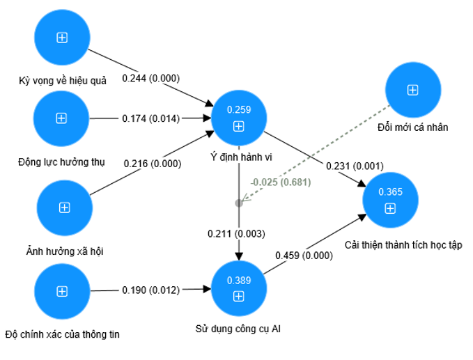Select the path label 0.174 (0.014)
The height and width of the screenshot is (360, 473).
(150, 119)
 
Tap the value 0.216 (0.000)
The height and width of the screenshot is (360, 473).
(153, 164)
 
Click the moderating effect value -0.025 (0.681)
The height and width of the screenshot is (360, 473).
(280, 182)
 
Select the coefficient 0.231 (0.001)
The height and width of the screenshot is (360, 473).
(355, 166)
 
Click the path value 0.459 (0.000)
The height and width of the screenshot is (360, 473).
(304, 256)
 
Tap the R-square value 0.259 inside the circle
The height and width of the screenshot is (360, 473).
(239, 109)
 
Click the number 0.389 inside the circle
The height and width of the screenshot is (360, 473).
(239, 281)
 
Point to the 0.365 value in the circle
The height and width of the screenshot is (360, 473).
(390, 191)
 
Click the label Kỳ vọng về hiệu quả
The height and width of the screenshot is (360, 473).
(63, 81)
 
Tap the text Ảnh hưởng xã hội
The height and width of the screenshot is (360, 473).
(63, 250)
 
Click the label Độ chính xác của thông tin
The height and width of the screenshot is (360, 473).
(62, 334)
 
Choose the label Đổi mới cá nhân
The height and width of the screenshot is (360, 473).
(412, 127)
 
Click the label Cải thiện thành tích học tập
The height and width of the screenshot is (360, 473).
(403, 245)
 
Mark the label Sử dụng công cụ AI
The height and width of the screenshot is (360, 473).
(238, 327)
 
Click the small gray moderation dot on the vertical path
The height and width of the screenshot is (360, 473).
(239, 203)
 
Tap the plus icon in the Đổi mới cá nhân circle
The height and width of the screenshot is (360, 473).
(412, 90)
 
